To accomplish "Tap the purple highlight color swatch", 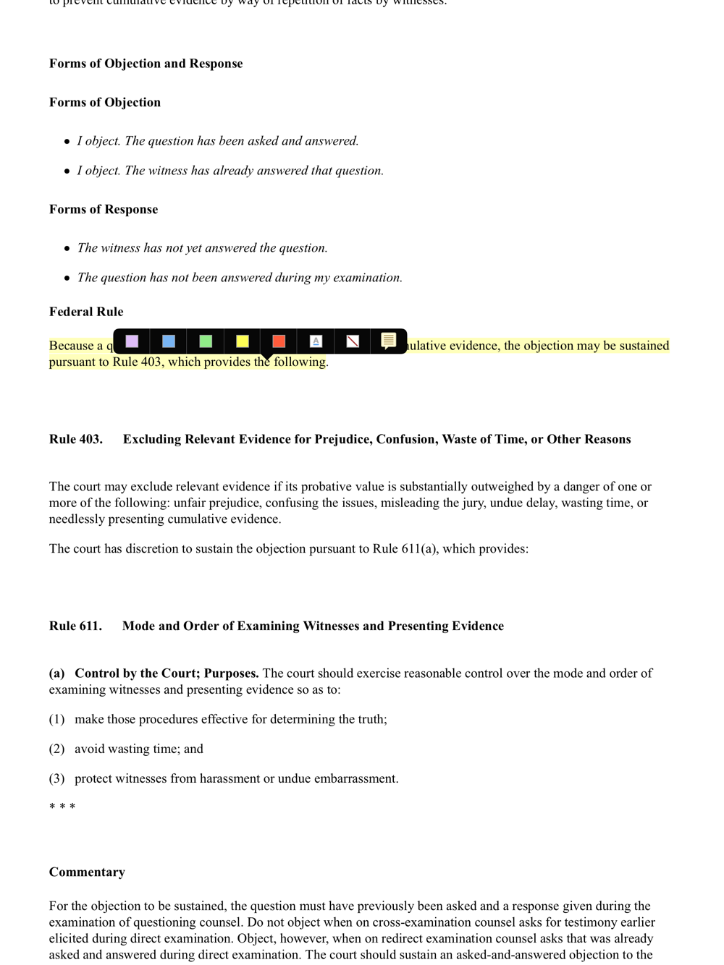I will coord(132,341).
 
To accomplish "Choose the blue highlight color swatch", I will coord(169,341).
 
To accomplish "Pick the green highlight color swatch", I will coord(206,341).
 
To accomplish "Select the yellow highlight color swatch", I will coord(243,341).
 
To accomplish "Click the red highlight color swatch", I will coord(279,341).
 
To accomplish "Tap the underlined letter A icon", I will coord(316,341).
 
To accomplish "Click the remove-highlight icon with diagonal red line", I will coord(353,341).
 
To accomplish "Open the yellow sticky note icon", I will coord(389,341).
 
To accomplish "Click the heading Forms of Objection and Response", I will coord(146,64).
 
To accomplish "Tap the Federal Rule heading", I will coord(86,312).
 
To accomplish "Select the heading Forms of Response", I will coord(104,210).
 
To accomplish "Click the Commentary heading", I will coord(87,872).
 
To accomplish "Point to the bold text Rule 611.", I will coord(75,626).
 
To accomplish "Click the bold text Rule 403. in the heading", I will coord(75,440).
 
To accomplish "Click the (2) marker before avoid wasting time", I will coord(56,749).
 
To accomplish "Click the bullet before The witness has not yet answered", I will coord(67,249).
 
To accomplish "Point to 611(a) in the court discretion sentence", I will coord(419,549).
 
